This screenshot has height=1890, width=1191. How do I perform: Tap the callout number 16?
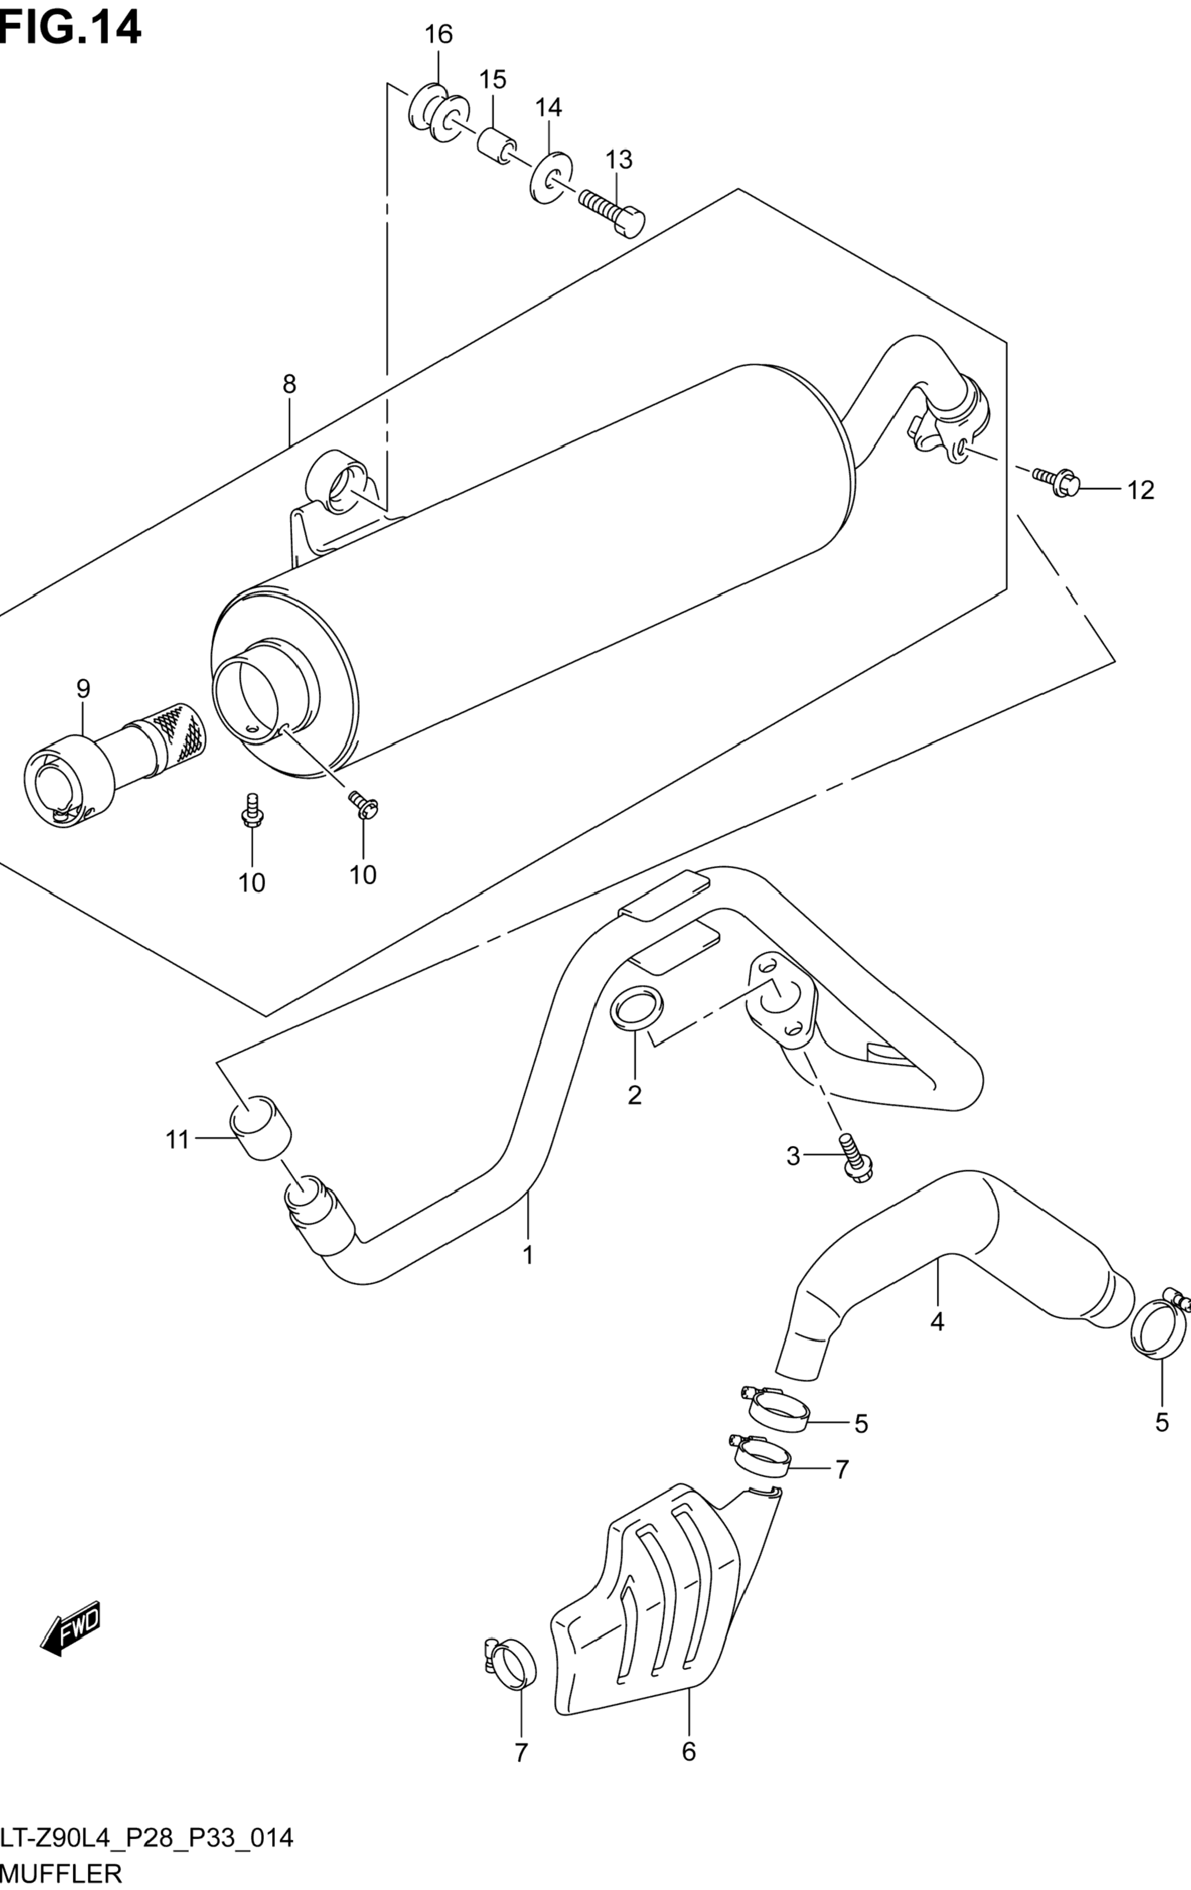click(x=439, y=35)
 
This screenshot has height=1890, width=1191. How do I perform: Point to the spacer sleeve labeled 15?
click(x=496, y=145)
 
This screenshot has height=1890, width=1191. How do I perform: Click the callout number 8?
click(x=289, y=384)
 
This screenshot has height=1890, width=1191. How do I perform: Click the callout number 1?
click(x=528, y=1255)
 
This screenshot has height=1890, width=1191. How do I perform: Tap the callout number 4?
click(x=937, y=1322)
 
